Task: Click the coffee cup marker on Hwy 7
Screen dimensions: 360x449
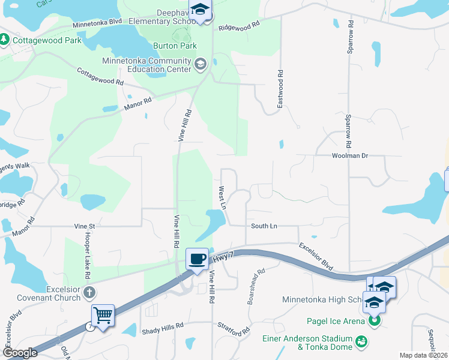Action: (x=197, y=259)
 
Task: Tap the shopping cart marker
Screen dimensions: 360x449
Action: (x=103, y=316)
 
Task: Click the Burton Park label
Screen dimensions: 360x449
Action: (x=175, y=46)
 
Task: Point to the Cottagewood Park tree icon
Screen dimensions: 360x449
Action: (x=5, y=40)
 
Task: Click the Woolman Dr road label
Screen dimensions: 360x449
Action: (x=349, y=155)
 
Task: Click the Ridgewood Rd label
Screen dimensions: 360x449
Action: (x=239, y=27)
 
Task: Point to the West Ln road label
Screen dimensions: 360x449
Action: (x=221, y=197)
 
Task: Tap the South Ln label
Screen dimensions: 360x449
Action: (x=264, y=226)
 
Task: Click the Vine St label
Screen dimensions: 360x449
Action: (x=85, y=227)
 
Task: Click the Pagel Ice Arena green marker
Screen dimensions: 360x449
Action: (x=375, y=321)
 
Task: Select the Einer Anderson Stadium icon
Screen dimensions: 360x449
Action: (x=361, y=341)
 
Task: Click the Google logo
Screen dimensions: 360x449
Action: (x=20, y=353)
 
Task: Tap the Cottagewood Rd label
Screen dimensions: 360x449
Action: (x=100, y=76)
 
